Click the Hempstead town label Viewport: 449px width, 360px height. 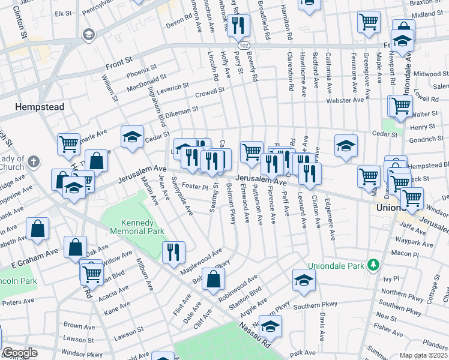pyautogui.click(x=40, y=107)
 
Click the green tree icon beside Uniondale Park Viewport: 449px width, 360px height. pyautogui.click(x=373, y=265)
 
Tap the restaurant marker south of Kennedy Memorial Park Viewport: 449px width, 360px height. pyautogui.click(x=173, y=252)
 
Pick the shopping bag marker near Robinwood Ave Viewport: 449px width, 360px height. pyautogui.click(x=213, y=279)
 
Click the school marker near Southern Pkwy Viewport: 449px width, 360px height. pyautogui.click(x=304, y=280)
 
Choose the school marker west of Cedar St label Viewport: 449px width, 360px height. pyautogui.click(x=132, y=137)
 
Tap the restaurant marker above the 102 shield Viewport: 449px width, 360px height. pyautogui.click(x=240, y=25)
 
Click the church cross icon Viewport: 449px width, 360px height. pyautogui.click(x=34, y=161)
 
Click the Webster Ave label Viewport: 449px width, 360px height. pyautogui.click(x=345, y=100)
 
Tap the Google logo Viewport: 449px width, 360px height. pyautogui.click(x=19, y=353)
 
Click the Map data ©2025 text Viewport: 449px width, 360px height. pyautogui.click(x=423, y=355)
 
